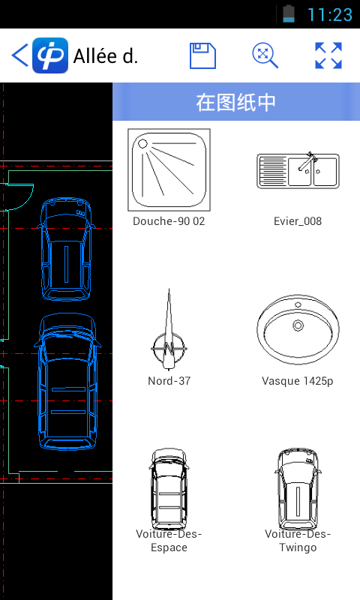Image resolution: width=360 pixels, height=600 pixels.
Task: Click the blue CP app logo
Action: [50, 55]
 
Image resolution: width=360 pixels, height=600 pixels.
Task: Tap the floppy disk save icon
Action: [202, 55]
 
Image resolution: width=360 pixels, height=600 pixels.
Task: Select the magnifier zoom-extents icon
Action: [265, 55]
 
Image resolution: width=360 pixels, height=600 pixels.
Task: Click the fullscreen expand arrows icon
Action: [328, 55]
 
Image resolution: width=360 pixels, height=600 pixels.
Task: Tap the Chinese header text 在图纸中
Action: [236, 102]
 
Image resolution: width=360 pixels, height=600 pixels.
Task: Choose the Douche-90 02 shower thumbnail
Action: [169, 170]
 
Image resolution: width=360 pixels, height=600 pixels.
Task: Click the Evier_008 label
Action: [298, 221]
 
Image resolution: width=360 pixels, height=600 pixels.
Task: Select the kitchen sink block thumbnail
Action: [298, 170]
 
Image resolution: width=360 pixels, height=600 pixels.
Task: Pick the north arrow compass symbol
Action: [169, 329]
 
